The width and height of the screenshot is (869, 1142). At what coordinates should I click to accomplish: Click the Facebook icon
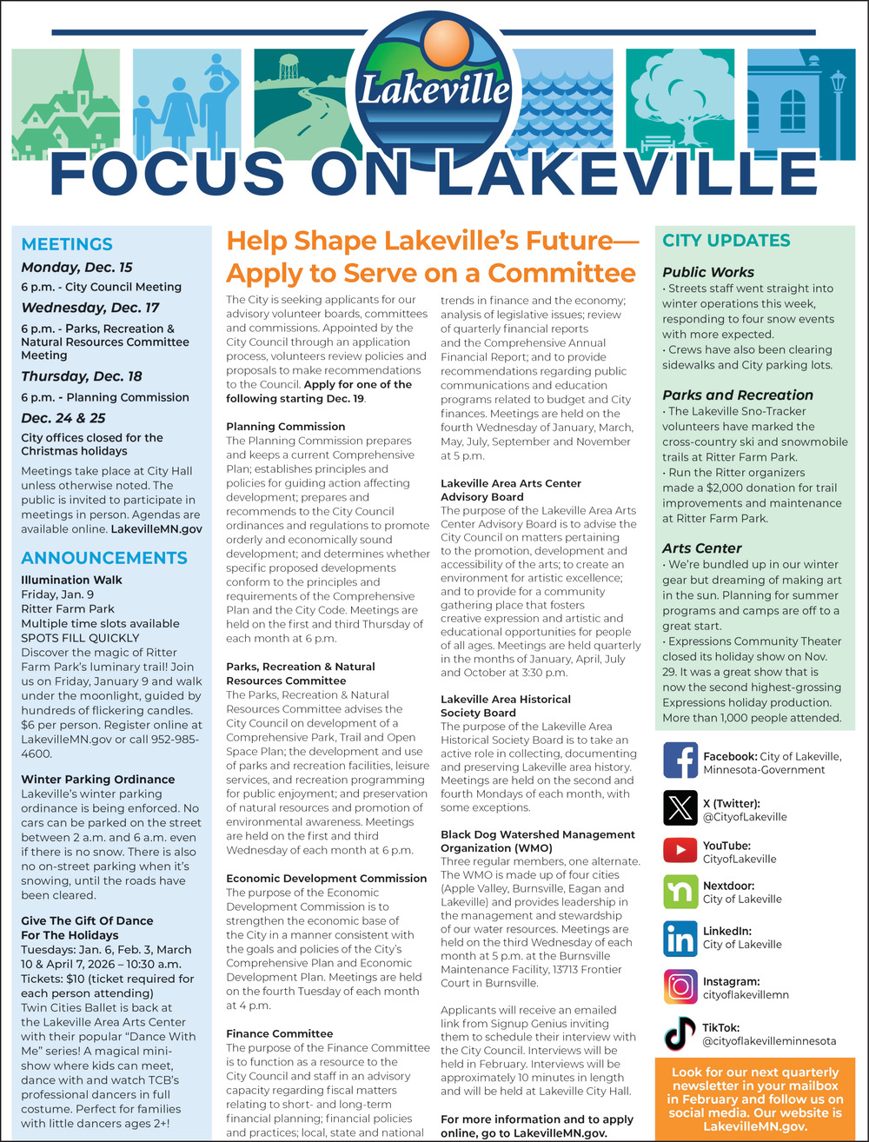tap(680, 760)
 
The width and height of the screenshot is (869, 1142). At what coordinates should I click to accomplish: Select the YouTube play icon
tap(680, 849)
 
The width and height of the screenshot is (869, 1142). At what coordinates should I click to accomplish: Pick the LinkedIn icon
tap(680, 939)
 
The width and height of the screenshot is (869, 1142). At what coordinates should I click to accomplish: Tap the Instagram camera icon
tap(680, 986)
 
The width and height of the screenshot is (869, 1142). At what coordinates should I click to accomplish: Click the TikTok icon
tap(680, 1032)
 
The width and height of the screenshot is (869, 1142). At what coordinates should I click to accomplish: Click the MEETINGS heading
tap(67, 244)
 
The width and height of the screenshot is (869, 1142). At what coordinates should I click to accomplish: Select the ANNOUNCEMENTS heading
tap(103, 557)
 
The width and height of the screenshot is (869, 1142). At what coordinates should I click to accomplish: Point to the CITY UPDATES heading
tap(726, 241)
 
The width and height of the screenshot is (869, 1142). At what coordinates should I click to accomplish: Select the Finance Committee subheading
tap(279, 1033)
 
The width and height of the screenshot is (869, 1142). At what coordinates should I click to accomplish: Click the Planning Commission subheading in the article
tap(285, 427)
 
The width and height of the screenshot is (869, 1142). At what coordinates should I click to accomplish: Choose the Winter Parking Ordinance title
tap(97, 780)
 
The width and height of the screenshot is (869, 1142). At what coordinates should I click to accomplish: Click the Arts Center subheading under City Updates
tap(701, 548)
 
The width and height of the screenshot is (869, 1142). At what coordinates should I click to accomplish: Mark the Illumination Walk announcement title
tap(71, 580)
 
